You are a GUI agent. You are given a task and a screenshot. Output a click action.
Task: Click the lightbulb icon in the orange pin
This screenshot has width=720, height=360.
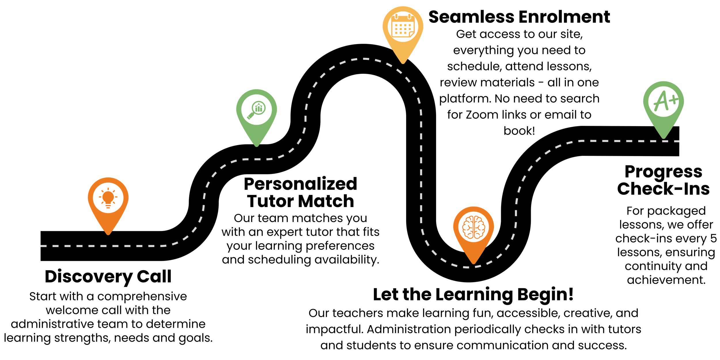108,198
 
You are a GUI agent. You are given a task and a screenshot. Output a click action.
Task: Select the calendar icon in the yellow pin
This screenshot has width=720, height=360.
403,26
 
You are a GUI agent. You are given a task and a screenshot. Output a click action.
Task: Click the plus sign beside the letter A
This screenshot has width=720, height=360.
674,100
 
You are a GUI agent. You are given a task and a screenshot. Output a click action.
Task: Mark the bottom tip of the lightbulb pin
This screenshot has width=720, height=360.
108,234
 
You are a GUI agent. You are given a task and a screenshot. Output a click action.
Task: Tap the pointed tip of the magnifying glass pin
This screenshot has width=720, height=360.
257,146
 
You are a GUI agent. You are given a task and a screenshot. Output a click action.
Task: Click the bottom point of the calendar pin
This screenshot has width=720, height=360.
403,63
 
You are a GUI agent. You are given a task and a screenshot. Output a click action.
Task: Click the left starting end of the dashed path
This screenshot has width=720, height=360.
41,246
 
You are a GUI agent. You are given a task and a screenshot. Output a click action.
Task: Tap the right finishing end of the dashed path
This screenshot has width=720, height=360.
679,141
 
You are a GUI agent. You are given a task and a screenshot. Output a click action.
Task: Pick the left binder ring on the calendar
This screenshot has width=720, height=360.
396,16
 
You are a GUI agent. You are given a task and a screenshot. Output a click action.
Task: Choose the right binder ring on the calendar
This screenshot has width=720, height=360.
409,16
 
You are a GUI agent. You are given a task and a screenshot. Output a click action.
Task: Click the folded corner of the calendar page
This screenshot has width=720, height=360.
411,34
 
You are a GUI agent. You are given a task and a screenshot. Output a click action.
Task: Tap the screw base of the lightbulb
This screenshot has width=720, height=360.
108,206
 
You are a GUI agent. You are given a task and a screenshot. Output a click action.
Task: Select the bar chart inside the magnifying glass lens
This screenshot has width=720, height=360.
259,108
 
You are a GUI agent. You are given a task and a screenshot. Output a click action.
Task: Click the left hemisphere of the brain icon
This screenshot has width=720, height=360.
468,227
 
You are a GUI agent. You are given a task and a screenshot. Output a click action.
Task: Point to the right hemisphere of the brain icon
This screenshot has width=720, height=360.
479,227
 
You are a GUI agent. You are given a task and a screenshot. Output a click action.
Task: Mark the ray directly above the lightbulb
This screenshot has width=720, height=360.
108,189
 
